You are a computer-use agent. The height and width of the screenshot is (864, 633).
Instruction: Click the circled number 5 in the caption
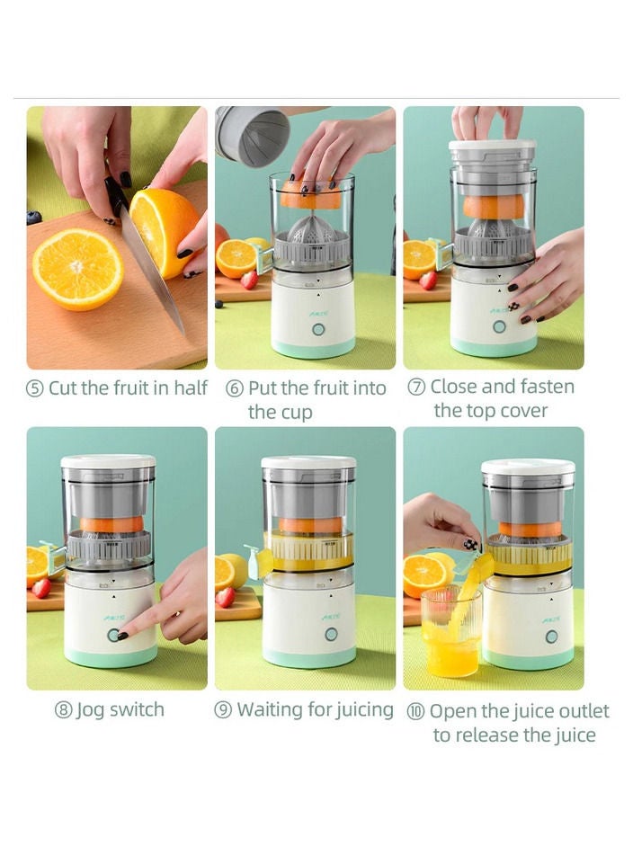35,388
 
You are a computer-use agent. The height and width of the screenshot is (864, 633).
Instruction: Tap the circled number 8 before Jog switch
63,710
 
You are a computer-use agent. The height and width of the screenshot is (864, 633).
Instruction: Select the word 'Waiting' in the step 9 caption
270,709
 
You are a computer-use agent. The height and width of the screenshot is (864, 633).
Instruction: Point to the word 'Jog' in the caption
91,710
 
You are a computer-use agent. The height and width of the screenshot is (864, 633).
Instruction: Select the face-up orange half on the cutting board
77,269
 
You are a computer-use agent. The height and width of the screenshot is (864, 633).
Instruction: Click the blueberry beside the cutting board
34,217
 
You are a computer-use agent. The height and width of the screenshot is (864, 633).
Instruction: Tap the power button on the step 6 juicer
318,329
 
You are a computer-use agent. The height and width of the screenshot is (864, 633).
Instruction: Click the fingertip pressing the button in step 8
121,635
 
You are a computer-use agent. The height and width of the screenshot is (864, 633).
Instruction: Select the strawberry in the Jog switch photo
40,588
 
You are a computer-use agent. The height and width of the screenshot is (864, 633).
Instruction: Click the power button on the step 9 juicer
331,634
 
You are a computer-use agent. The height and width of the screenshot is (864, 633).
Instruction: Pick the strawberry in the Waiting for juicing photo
226,597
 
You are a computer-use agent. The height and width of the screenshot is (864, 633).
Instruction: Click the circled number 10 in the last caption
415,712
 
